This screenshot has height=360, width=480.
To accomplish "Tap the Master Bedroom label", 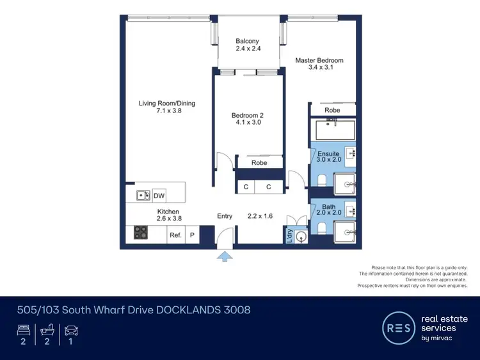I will [319, 61].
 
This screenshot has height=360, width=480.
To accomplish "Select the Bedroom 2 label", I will [247, 116].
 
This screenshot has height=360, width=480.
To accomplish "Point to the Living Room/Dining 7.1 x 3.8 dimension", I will [167, 111].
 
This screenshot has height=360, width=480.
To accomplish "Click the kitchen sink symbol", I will [143, 196].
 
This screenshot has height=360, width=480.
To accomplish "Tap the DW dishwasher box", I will [159, 196].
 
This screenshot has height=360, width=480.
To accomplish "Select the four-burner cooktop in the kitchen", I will [141, 233].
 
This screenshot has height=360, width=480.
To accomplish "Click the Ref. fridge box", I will [175, 235].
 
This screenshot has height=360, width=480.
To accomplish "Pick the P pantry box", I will [191, 235].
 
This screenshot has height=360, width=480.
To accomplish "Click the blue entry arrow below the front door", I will [225, 256].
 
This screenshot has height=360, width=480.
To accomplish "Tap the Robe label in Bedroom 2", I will [259, 163].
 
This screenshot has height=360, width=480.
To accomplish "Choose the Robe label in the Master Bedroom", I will [332, 110].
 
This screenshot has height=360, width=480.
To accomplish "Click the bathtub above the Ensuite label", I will [333, 131].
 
